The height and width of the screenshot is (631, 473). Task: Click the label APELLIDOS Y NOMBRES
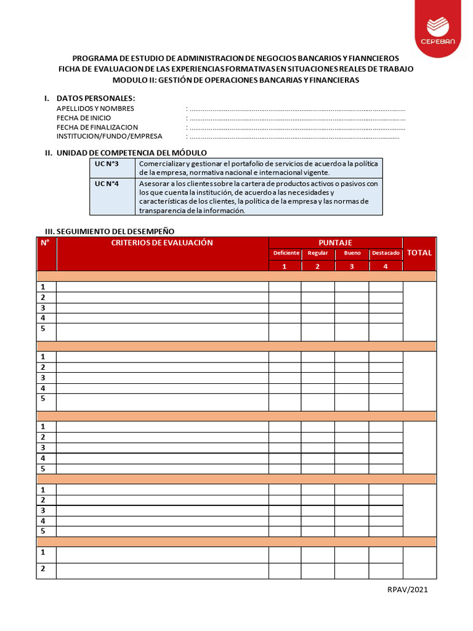(x=95, y=108)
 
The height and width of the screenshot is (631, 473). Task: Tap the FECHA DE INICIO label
(x=84, y=118)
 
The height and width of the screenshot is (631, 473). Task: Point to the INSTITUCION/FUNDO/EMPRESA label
(x=109, y=136)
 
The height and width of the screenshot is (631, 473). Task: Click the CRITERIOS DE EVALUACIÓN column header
(x=162, y=243)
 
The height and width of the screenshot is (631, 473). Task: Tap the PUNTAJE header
(x=335, y=243)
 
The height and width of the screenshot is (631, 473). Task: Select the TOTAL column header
(x=419, y=253)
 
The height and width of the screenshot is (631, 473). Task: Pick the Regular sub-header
(x=318, y=253)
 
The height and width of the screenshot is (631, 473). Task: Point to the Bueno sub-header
(x=352, y=253)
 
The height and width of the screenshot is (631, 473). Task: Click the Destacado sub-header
(x=386, y=253)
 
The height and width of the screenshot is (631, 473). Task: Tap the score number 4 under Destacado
(x=386, y=266)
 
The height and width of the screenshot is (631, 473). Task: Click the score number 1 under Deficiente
(x=285, y=266)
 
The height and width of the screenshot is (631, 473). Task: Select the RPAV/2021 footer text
(x=407, y=590)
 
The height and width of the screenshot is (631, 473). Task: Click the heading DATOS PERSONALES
(x=95, y=99)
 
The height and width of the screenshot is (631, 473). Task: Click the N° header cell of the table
(x=45, y=243)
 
